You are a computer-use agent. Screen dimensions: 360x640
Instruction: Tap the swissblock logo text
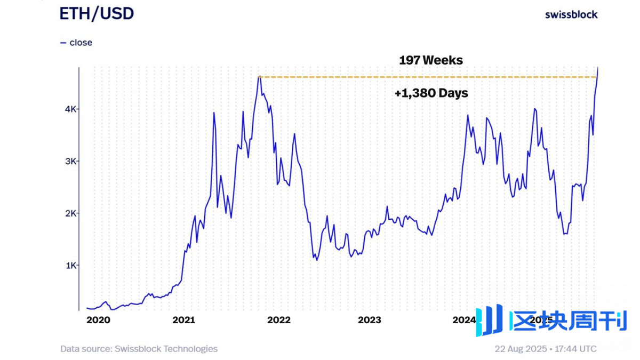point(571,14)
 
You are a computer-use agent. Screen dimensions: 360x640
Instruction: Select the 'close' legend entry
point(80,43)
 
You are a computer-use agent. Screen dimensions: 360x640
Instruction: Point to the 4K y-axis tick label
point(70,109)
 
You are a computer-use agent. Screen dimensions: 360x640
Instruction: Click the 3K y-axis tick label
point(70,161)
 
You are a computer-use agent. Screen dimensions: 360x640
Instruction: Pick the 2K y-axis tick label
point(70,213)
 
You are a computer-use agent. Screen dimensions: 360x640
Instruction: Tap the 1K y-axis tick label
point(70,265)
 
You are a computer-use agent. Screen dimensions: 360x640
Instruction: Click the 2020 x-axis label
point(98,320)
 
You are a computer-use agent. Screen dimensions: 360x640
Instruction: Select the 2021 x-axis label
point(184,320)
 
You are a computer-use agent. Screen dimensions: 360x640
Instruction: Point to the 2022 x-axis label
point(278,320)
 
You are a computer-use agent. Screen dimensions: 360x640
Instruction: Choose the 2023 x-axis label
point(369,320)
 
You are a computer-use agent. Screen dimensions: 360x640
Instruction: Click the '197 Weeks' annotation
point(431,60)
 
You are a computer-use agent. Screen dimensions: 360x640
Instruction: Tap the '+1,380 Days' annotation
point(431,93)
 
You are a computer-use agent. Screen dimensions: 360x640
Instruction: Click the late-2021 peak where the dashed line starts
point(259,77)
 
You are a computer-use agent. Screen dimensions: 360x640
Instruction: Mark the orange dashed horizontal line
point(427,77)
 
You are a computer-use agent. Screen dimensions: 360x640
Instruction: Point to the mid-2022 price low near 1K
point(317,260)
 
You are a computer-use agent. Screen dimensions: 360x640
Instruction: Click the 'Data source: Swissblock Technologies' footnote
point(139,349)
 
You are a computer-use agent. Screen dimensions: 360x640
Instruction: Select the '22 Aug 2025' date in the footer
point(520,349)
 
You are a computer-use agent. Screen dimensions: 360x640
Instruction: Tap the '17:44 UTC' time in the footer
point(576,349)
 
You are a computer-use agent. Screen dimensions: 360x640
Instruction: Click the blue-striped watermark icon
point(489,321)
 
